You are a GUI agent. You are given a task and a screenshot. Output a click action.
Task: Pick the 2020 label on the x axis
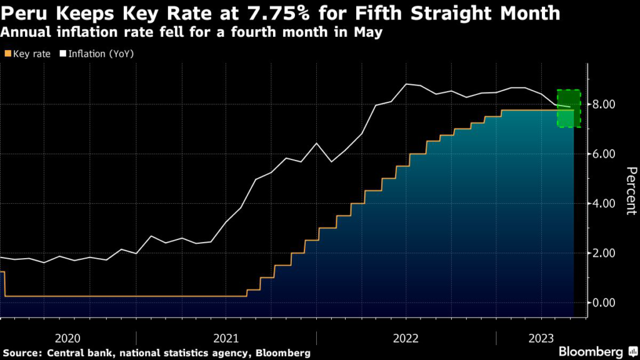pos(67,338)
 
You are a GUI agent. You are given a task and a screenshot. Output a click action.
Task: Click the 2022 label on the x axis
pos(406,338)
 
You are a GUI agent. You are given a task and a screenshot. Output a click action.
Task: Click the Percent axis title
pos(631,191)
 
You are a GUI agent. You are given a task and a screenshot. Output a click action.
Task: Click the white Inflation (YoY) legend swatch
pos(63,54)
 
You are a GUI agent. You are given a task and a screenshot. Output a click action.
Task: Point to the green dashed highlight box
pos(569,109)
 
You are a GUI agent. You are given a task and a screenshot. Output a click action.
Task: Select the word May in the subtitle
pos(367,32)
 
